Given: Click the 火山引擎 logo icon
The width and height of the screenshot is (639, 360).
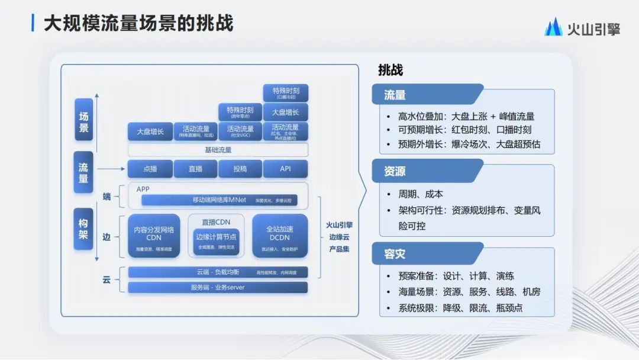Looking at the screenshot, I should coord(553,27).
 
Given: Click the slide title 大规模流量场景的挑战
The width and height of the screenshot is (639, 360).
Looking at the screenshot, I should coord(138,23).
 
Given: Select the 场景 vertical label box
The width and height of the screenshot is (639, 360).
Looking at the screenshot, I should coord(83,120).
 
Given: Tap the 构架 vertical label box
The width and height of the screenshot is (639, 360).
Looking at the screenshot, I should coord(83,230).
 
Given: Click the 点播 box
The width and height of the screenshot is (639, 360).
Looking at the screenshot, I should coord(150,169).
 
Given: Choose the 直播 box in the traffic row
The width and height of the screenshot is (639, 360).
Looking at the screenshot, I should coord(195,169).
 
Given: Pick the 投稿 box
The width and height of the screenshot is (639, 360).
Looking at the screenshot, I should coord(240,169).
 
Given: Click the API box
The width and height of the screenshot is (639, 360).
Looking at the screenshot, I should coord(285,169).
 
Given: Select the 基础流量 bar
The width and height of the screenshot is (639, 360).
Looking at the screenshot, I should coord(218,150).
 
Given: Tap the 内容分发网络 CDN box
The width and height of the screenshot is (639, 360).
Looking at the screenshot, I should coord(154,236).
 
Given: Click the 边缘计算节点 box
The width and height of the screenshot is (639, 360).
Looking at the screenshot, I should coord(216,242).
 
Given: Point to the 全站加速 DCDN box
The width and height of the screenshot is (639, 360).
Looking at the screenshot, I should coord(280,236).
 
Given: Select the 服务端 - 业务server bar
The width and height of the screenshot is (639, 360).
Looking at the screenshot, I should coord(218,287).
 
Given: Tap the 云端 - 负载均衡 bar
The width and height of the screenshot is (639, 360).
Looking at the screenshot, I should coord(218,272).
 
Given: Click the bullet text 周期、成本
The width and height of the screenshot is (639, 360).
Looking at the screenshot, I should coord(421,194).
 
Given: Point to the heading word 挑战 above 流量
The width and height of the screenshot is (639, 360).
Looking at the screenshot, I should coord(390,70).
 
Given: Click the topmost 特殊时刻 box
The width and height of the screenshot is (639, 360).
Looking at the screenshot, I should coord(286,92).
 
